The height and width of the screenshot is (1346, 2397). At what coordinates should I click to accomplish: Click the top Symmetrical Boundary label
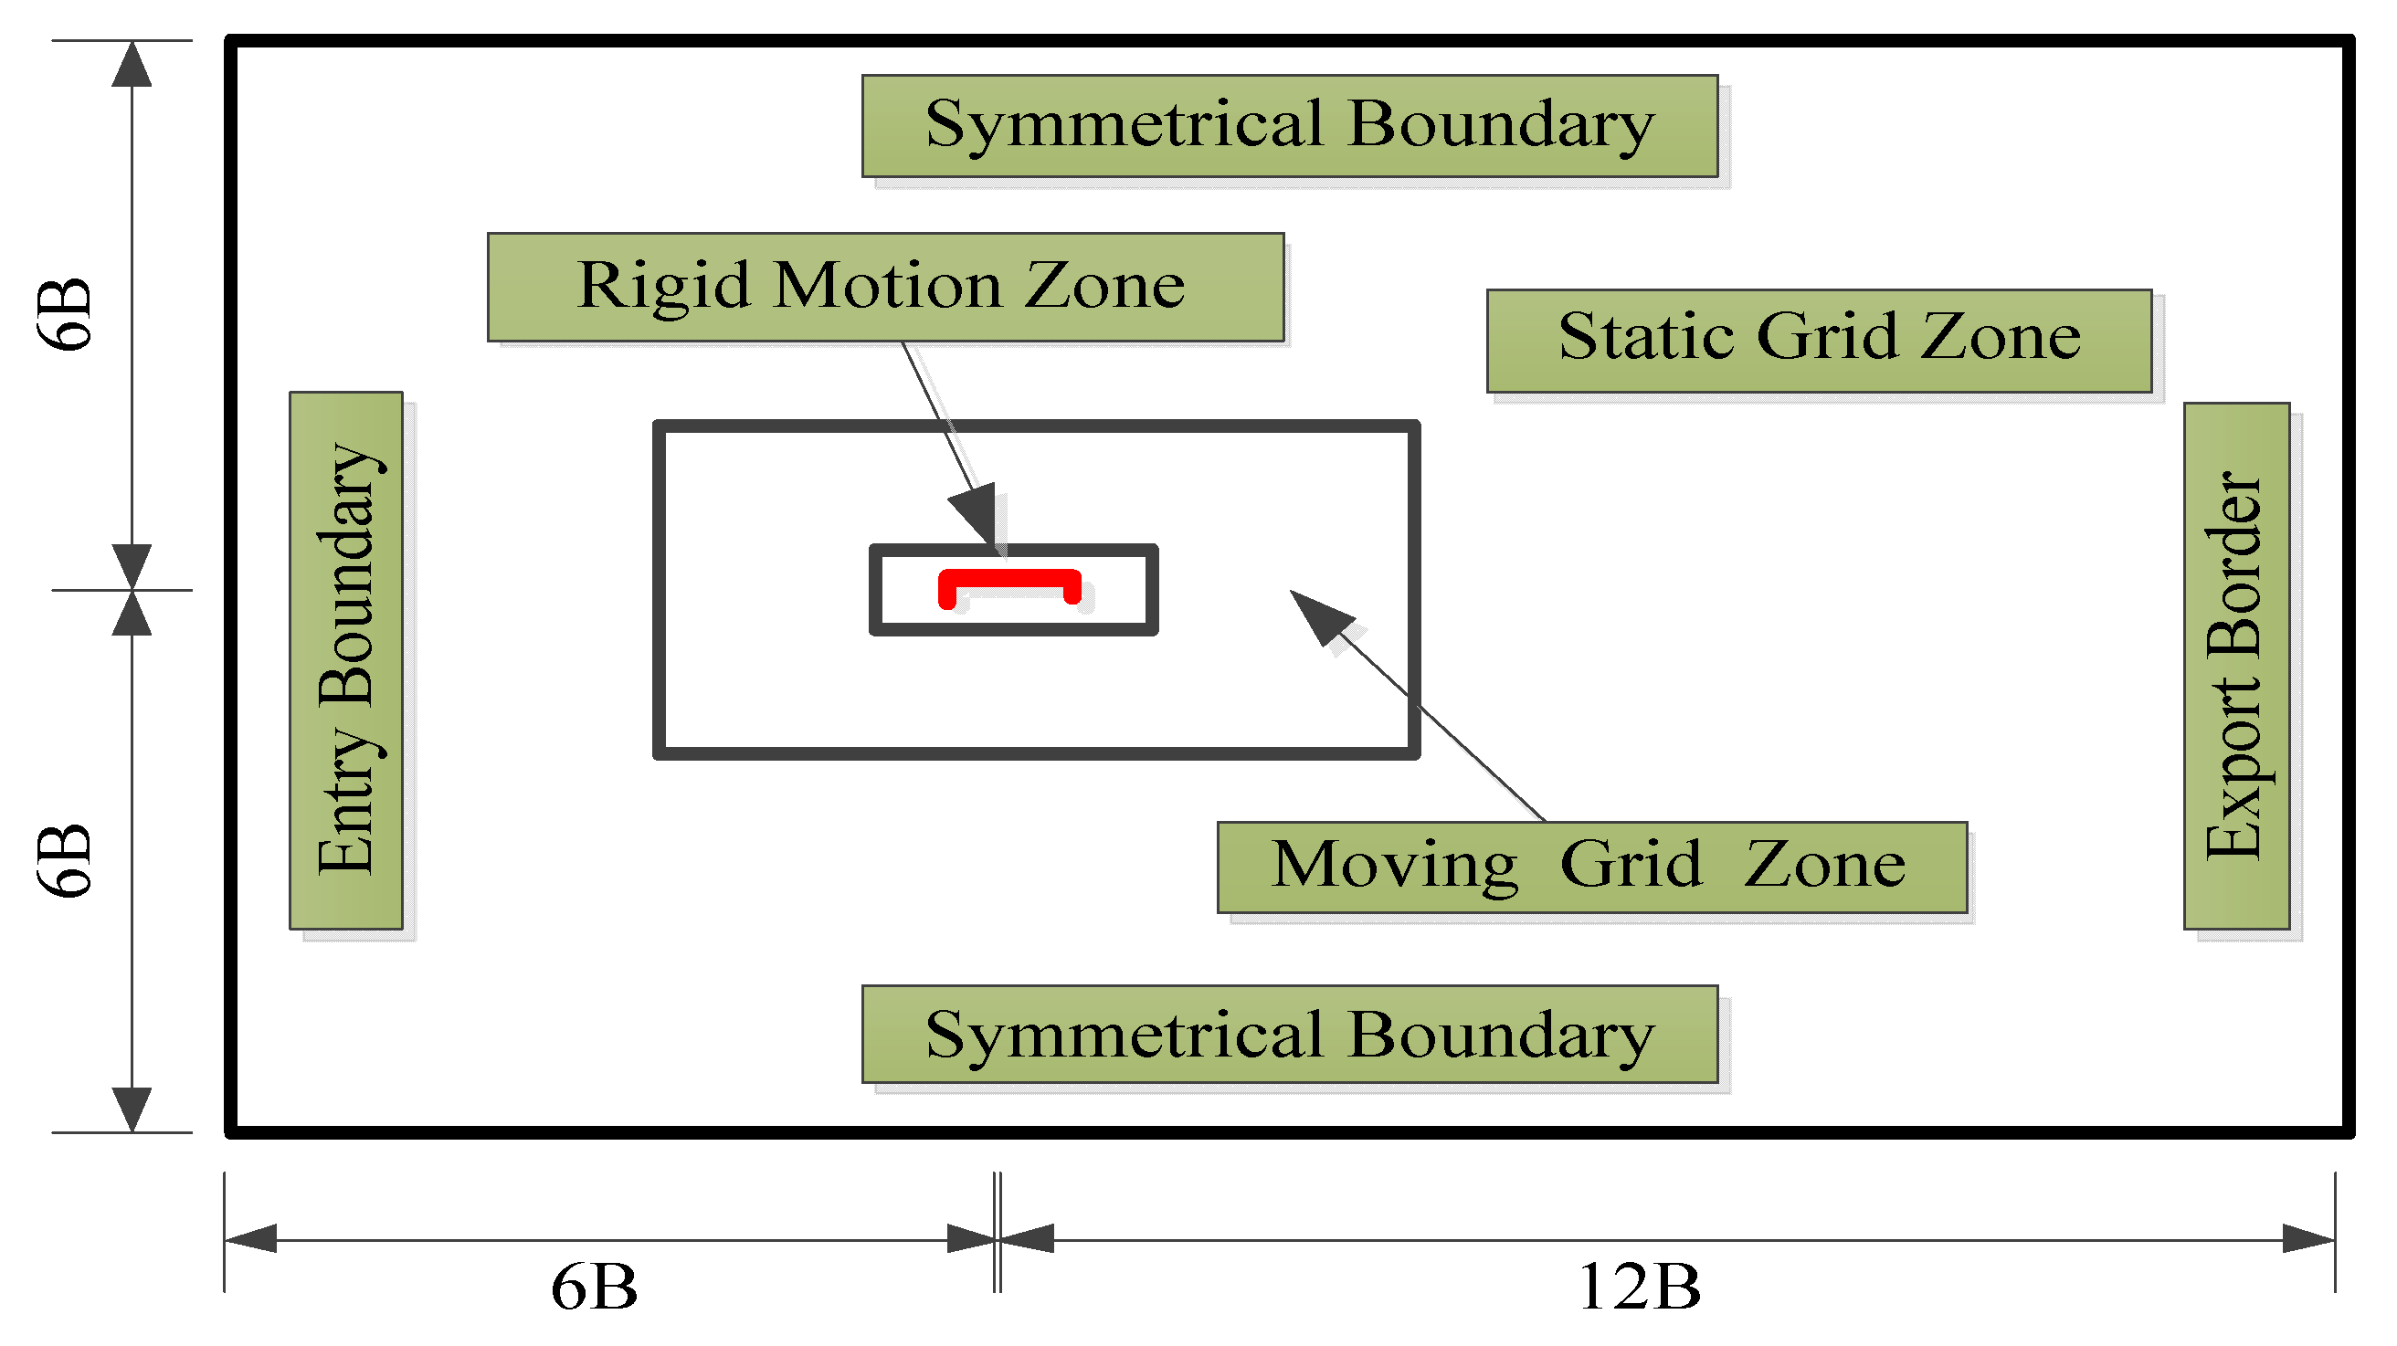click(x=1290, y=127)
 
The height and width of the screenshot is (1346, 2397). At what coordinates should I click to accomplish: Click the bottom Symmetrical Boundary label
click(x=1290, y=1036)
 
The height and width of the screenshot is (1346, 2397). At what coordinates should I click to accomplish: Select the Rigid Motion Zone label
click(x=885, y=288)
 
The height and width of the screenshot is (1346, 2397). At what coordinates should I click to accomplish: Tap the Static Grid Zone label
click(x=1819, y=341)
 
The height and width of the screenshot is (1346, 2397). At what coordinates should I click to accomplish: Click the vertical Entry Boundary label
click(x=346, y=660)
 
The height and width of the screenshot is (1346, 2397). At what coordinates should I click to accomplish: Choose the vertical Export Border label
click(x=2236, y=666)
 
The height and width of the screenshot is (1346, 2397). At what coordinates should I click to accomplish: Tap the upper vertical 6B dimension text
click(x=65, y=314)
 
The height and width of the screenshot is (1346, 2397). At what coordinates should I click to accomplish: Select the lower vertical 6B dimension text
click(x=65, y=860)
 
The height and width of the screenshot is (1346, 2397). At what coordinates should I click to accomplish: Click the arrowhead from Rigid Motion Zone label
click(x=976, y=514)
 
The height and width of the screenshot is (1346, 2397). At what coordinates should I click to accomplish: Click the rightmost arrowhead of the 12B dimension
click(x=2307, y=1240)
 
